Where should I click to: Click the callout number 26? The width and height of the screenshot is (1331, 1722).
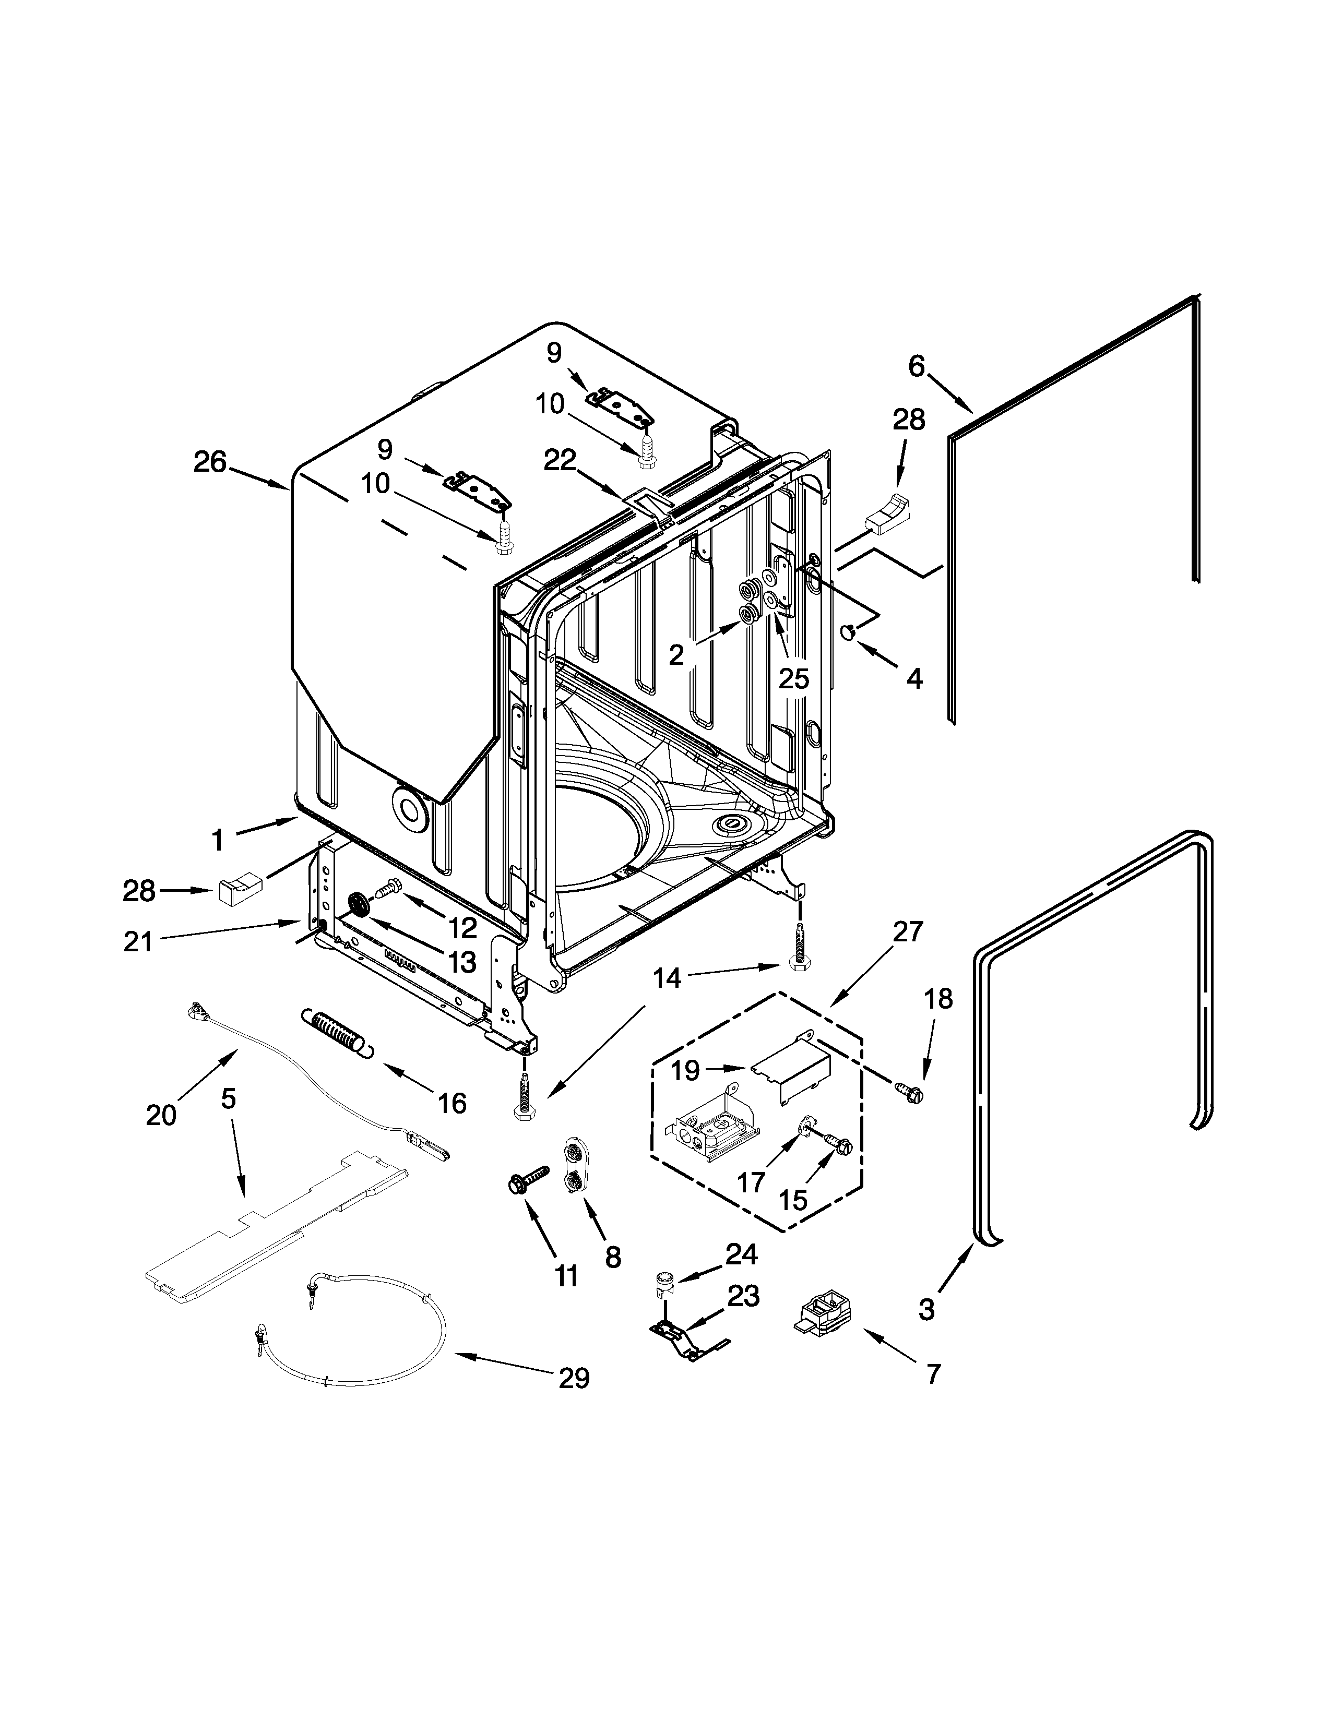[x=210, y=462]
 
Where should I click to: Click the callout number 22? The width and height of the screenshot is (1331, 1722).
[x=560, y=460]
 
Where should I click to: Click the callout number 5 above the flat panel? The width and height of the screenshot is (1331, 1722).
[x=228, y=1098]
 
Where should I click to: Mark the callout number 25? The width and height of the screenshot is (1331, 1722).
[x=793, y=678]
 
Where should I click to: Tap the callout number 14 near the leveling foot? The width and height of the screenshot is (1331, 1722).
[x=667, y=978]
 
